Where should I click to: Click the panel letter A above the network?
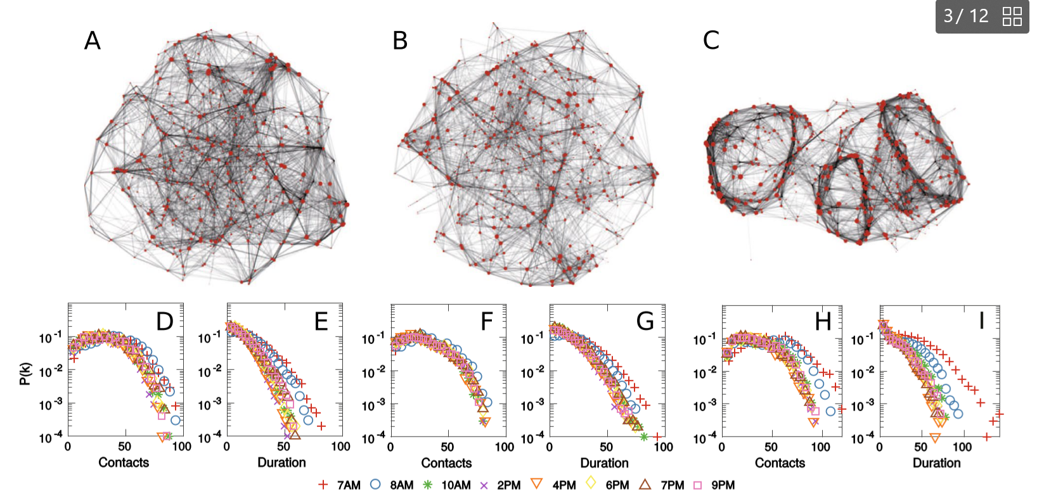[x=93, y=41]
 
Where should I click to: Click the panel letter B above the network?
[x=400, y=41]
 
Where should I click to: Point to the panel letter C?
[x=711, y=41]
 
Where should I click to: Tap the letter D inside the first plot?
[x=165, y=321]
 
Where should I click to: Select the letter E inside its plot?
[x=321, y=321]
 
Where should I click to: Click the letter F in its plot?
[x=487, y=321]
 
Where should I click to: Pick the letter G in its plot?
[x=645, y=321]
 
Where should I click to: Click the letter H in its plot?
[x=823, y=321]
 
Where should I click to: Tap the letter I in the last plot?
[x=982, y=321]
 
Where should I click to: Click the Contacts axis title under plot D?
[x=124, y=462]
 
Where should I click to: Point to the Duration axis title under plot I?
[x=936, y=463]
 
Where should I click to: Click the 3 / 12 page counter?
[x=965, y=16]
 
